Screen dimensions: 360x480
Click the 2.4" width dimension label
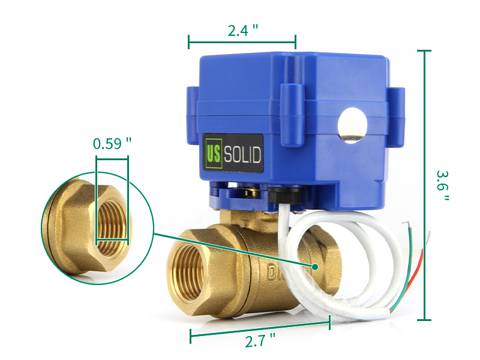242,31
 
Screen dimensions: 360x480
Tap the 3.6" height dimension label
442,185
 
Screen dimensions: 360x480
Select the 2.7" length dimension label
260,341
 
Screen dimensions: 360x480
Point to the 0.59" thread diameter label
112,144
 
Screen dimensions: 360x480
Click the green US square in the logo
213,155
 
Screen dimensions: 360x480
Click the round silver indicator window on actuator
352,126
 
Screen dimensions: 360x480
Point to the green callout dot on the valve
314,266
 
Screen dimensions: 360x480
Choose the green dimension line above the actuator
242,42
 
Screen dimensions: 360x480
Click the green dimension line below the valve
260,329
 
